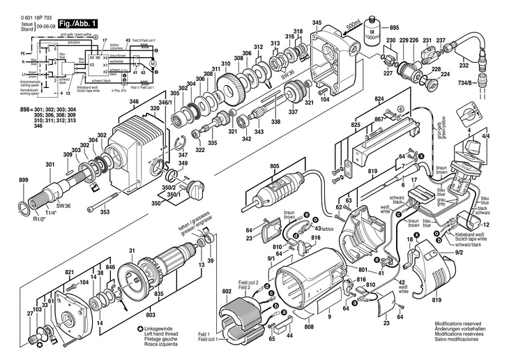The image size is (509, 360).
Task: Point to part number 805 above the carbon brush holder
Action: (x=274, y=165)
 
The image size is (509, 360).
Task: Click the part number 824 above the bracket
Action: (x=379, y=100)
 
